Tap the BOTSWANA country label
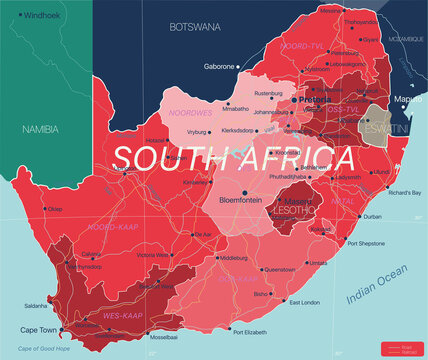(194, 27)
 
